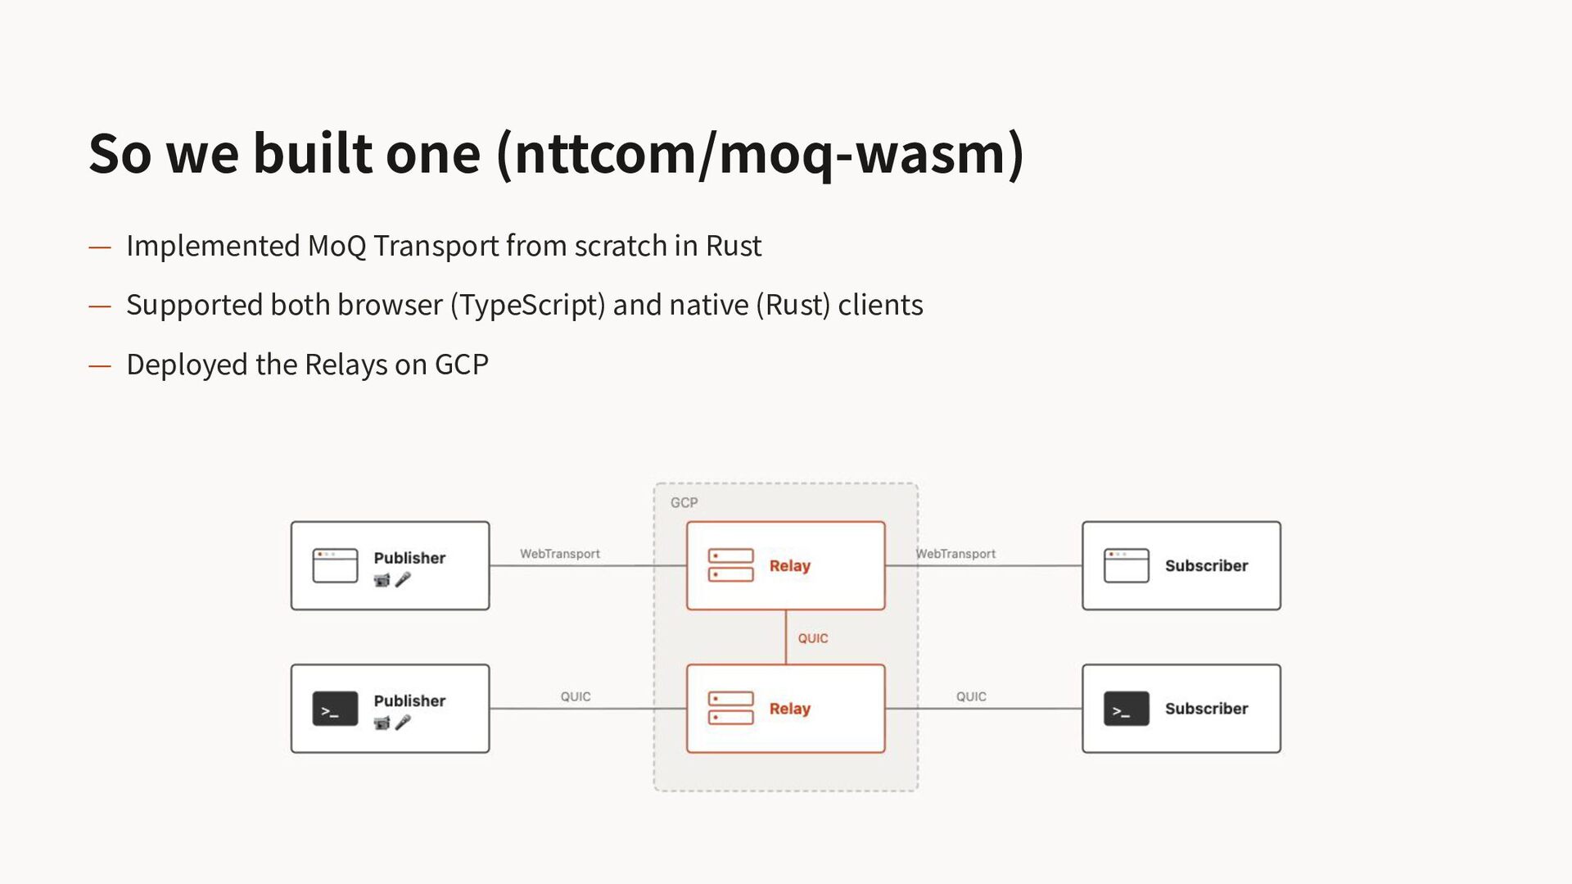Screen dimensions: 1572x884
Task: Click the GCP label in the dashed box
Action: point(684,502)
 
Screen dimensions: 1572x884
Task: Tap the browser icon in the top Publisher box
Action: point(335,565)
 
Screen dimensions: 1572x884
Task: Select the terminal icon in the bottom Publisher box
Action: point(335,709)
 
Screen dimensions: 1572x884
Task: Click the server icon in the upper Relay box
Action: point(730,565)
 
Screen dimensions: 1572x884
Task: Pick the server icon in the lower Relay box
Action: point(730,709)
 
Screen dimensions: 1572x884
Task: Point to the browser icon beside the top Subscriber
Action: point(1126,565)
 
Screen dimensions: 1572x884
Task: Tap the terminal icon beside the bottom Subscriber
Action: point(1126,709)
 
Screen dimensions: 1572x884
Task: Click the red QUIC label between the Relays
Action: point(813,638)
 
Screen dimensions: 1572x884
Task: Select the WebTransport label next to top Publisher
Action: point(560,554)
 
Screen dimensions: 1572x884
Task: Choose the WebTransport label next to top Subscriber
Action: point(955,554)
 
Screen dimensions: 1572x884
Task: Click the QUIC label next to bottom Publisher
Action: point(576,696)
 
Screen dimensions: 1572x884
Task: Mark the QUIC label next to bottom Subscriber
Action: point(971,696)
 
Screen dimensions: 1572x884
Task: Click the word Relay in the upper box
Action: point(789,566)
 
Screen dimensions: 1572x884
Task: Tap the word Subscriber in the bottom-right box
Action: point(1206,709)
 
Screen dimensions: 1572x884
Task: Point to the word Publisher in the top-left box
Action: point(409,558)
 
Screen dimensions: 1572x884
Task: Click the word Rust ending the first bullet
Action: point(734,246)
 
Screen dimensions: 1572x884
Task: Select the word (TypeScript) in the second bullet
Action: point(528,305)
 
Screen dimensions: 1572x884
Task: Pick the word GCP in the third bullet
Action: point(461,365)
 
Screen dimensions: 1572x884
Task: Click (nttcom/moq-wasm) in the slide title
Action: point(760,153)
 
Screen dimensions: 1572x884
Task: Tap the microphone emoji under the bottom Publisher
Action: point(403,723)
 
